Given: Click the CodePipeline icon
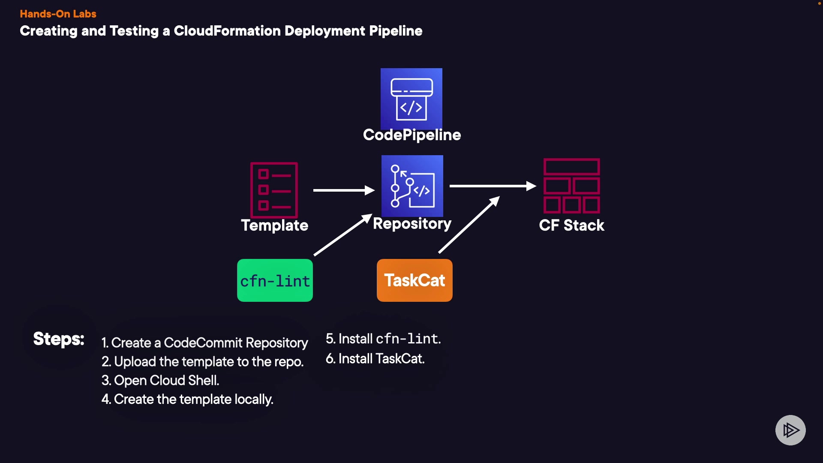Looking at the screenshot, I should point(411,99).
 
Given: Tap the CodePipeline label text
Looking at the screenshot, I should point(412,135).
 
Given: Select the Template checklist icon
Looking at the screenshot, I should point(274,190).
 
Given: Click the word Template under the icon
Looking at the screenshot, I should point(275,225).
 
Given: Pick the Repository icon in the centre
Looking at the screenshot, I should point(412,186).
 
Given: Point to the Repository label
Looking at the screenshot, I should point(412,224).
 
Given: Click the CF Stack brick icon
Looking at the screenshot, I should point(572,186).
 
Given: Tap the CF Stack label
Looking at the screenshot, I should point(572,225).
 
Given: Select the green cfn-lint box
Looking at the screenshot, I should point(275,280).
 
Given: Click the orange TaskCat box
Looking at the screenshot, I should point(415,280).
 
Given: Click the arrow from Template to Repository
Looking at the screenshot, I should point(343,190).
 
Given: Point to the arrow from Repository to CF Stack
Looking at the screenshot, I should point(492,186).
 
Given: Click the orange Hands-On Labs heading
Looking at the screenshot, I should point(58,14).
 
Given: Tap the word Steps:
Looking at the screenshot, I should point(59,339).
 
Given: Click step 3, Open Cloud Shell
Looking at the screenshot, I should point(160,381).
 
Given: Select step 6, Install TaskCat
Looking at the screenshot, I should point(375,359).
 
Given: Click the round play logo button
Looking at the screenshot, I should point(790,430).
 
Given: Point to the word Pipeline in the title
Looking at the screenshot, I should point(396,31).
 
